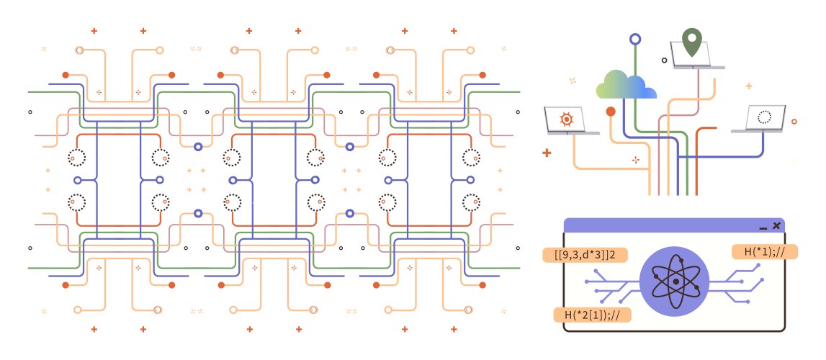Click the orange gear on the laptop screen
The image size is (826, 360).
(x=566, y=117)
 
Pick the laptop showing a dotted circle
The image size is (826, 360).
(x=763, y=119)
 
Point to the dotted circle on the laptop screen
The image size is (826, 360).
(x=765, y=115)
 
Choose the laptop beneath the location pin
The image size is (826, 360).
(x=696, y=55)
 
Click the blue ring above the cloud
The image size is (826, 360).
(x=634, y=39)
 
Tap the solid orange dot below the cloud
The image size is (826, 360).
(x=611, y=112)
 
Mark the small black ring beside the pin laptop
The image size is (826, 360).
(x=664, y=60)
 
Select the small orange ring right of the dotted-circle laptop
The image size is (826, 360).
(x=794, y=122)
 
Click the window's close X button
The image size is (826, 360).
(x=776, y=225)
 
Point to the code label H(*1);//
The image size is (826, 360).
(x=764, y=251)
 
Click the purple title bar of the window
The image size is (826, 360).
(x=663, y=225)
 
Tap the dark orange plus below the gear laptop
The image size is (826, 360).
(x=547, y=153)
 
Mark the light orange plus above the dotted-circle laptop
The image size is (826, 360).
(x=749, y=86)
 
